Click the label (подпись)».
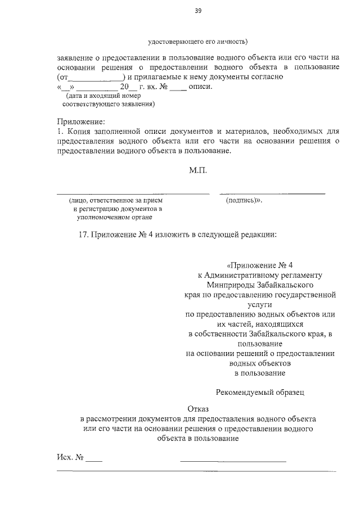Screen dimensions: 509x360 tap(245, 200)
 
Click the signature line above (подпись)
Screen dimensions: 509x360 tap(272, 193)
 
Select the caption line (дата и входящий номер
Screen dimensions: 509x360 tap(101, 96)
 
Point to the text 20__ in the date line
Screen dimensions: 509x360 tap(121, 87)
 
